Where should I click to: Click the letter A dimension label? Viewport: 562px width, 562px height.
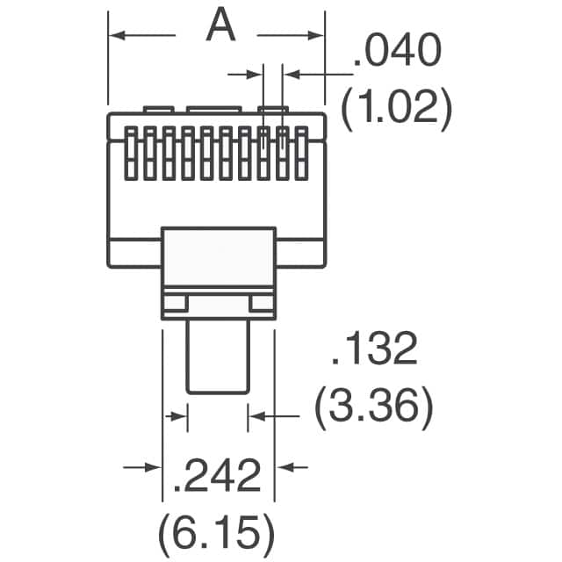tap(221, 27)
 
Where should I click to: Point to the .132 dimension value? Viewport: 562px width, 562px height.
tap(374, 352)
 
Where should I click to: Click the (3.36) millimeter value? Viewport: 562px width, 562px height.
tap(374, 408)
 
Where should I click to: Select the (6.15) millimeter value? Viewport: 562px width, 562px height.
tap(216, 531)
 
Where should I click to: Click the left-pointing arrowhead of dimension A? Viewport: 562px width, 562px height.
tap(117, 35)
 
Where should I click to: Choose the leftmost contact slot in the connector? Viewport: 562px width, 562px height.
tap(133, 153)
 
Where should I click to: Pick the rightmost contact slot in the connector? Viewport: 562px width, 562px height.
tap(303, 153)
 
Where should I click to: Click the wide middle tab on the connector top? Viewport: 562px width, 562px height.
tap(211, 110)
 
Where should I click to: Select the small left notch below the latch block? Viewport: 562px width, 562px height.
tap(174, 304)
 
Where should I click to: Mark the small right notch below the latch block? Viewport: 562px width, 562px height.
tap(262, 304)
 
